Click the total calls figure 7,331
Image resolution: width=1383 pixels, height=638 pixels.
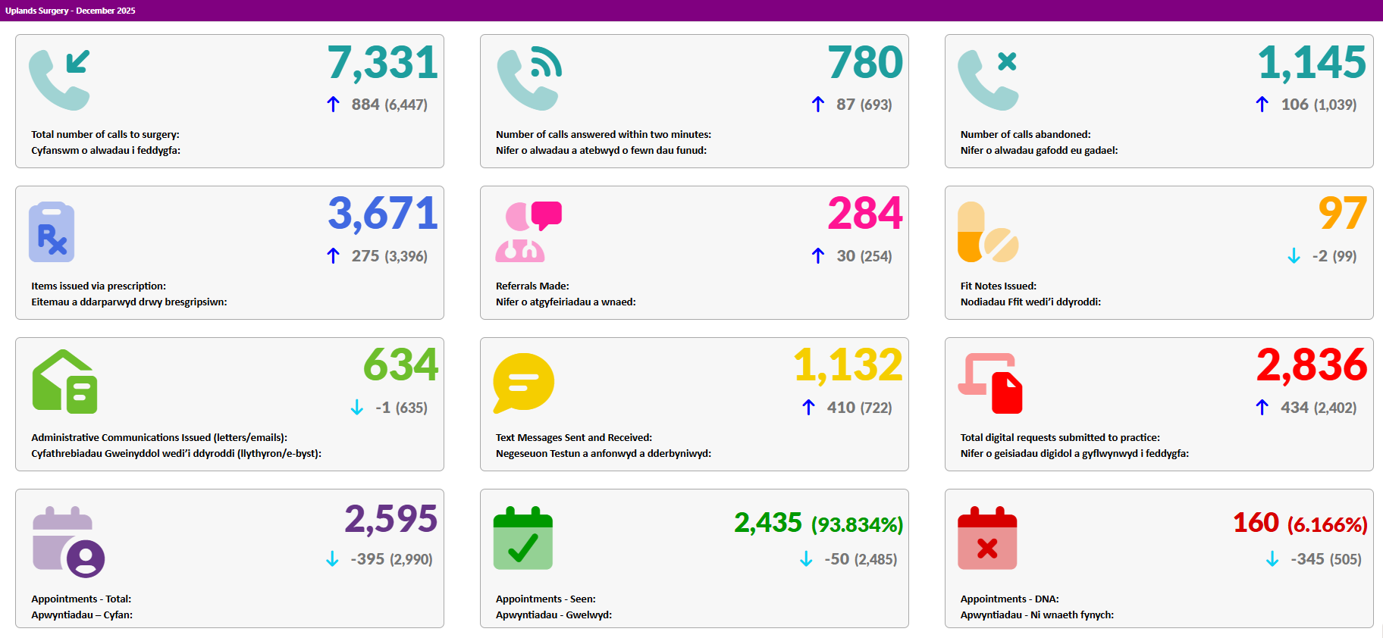tap(383, 63)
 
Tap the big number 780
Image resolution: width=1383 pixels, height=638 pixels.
tap(865, 62)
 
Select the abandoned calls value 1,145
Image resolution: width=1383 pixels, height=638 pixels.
tap(1312, 63)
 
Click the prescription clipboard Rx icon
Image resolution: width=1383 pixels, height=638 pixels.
tap(52, 232)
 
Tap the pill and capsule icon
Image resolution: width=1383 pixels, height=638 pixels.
tap(988, 232)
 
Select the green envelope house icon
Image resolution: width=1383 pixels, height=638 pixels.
tap(64, 382)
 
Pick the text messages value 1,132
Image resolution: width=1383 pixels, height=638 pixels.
tap(848, 365)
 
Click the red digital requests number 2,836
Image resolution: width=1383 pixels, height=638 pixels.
tap(1312, 365)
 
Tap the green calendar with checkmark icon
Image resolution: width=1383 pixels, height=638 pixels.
tap(523, 538)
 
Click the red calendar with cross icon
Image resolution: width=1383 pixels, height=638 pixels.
tap(987, 538)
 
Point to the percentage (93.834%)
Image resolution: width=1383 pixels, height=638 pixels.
tap(858, 524)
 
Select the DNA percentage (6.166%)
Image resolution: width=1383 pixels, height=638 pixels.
tap(1328, 524)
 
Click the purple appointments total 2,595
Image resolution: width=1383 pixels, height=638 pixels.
tap(391, 520)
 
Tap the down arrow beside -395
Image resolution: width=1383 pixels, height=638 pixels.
tap(332, 559)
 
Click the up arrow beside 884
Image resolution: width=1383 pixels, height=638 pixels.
tap(333, 105)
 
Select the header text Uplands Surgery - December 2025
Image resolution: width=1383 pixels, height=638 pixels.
tap(71, 11)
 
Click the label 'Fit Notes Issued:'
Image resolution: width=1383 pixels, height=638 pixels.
tap(999, 286)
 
